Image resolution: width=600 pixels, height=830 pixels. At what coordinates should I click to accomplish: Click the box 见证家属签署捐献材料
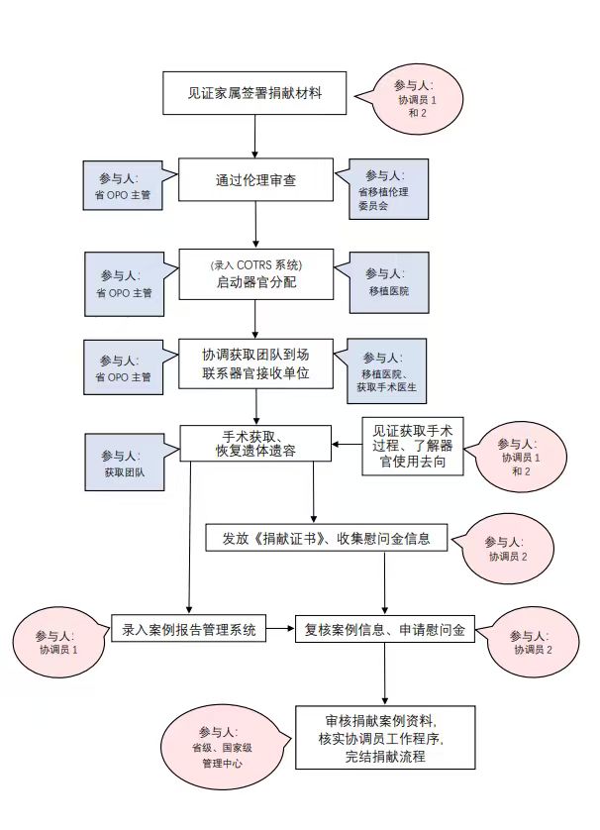254,93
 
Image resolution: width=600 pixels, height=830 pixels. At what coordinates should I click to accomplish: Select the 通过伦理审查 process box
255,179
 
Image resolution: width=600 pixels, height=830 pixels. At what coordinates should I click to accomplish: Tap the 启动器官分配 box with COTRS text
256,274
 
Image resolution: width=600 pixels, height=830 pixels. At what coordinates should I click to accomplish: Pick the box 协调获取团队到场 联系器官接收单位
256,363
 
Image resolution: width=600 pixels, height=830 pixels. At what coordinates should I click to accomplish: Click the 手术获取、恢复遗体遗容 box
255,444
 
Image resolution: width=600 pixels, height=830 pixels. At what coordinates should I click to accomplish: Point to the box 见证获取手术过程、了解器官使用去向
413,446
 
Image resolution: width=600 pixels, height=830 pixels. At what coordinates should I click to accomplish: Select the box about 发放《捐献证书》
327,539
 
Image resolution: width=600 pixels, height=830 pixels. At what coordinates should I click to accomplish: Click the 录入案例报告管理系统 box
188,629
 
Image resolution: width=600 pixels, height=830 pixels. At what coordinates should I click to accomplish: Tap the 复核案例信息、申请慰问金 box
385,629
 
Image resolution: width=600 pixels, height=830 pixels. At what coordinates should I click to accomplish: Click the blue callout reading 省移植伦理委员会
388,189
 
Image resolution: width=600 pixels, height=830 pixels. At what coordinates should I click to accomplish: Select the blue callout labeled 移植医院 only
388,282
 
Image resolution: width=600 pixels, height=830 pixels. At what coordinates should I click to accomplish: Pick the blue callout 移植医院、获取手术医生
386,371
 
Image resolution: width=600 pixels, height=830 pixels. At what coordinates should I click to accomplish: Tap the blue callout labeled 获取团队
125,463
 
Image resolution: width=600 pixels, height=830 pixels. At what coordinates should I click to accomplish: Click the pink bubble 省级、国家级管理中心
222,747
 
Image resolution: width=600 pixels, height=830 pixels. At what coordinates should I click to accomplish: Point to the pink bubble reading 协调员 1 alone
57,642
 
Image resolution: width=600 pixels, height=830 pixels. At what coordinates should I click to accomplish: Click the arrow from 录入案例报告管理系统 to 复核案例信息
280,629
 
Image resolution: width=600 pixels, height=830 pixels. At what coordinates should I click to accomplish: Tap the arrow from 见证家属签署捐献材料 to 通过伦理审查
255,136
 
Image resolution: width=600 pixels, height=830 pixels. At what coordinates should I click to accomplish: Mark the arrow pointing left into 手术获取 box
347,444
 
